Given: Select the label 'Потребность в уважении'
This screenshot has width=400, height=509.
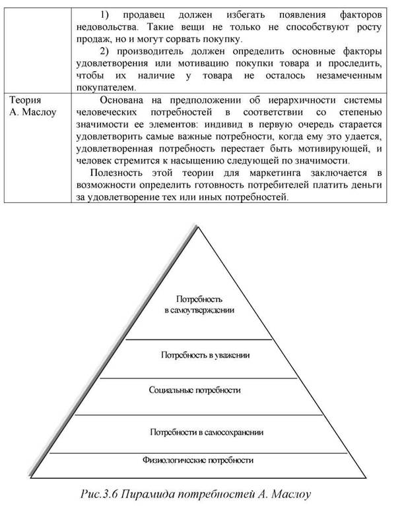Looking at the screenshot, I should tap(205, 355).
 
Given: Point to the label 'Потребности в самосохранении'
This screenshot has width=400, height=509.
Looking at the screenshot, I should tap(207, 433).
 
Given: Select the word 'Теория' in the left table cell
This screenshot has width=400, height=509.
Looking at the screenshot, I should tap(26, 100).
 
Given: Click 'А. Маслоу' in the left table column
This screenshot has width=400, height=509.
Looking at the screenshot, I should tap(33, 112).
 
